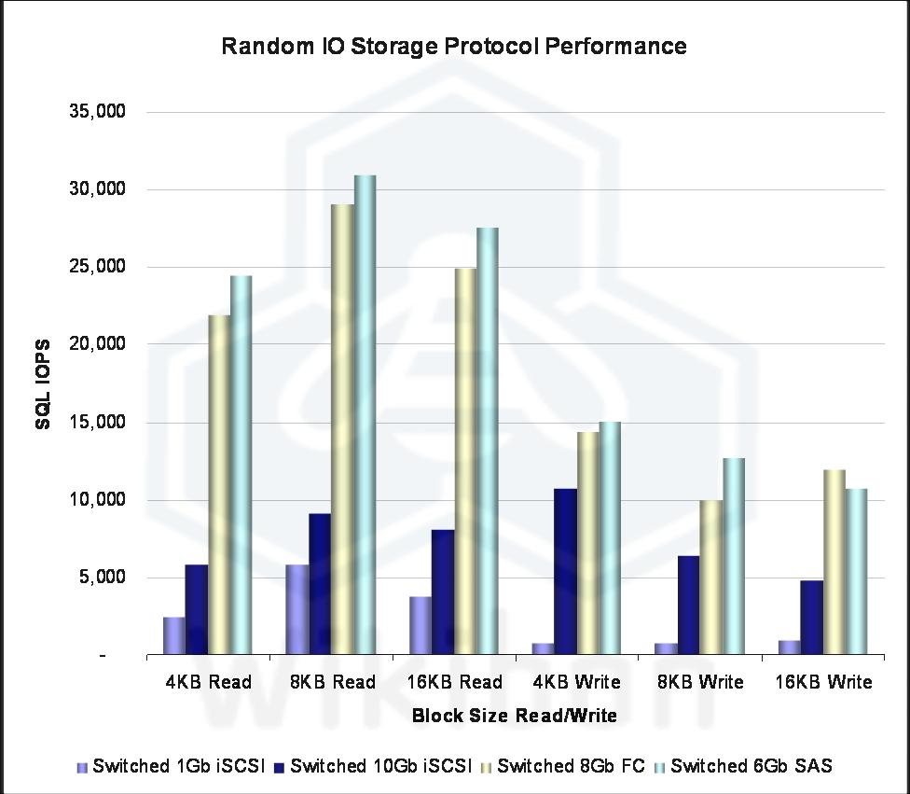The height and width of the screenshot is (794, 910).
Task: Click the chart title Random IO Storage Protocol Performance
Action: (x=454, y=46)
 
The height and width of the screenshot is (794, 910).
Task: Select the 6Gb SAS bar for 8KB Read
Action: (x=365, y=414)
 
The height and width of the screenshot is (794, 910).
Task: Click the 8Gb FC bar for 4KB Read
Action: (x=219, y=484)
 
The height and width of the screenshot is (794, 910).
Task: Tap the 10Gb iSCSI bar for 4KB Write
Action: (x=565, y=571)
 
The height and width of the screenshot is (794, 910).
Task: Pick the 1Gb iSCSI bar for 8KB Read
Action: (x=296, y=609)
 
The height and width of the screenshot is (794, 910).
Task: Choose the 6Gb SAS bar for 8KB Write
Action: (x=733, y=556)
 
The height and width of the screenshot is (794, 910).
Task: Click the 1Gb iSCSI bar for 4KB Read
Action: (x=173, y=635)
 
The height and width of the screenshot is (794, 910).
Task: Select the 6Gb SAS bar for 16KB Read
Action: (x=488, y=440)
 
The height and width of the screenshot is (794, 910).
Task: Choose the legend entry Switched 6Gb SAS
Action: (x=751, y=766)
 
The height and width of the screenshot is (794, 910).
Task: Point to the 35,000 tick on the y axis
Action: (x=97, y=112)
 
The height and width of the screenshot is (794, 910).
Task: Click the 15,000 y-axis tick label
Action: (x=97, y=422)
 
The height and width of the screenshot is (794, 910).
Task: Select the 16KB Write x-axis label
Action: (x=824, y=682)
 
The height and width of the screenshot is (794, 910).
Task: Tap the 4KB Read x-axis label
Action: (x=208, y=682)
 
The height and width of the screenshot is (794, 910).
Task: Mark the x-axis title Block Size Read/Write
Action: (x=515, y=716)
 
